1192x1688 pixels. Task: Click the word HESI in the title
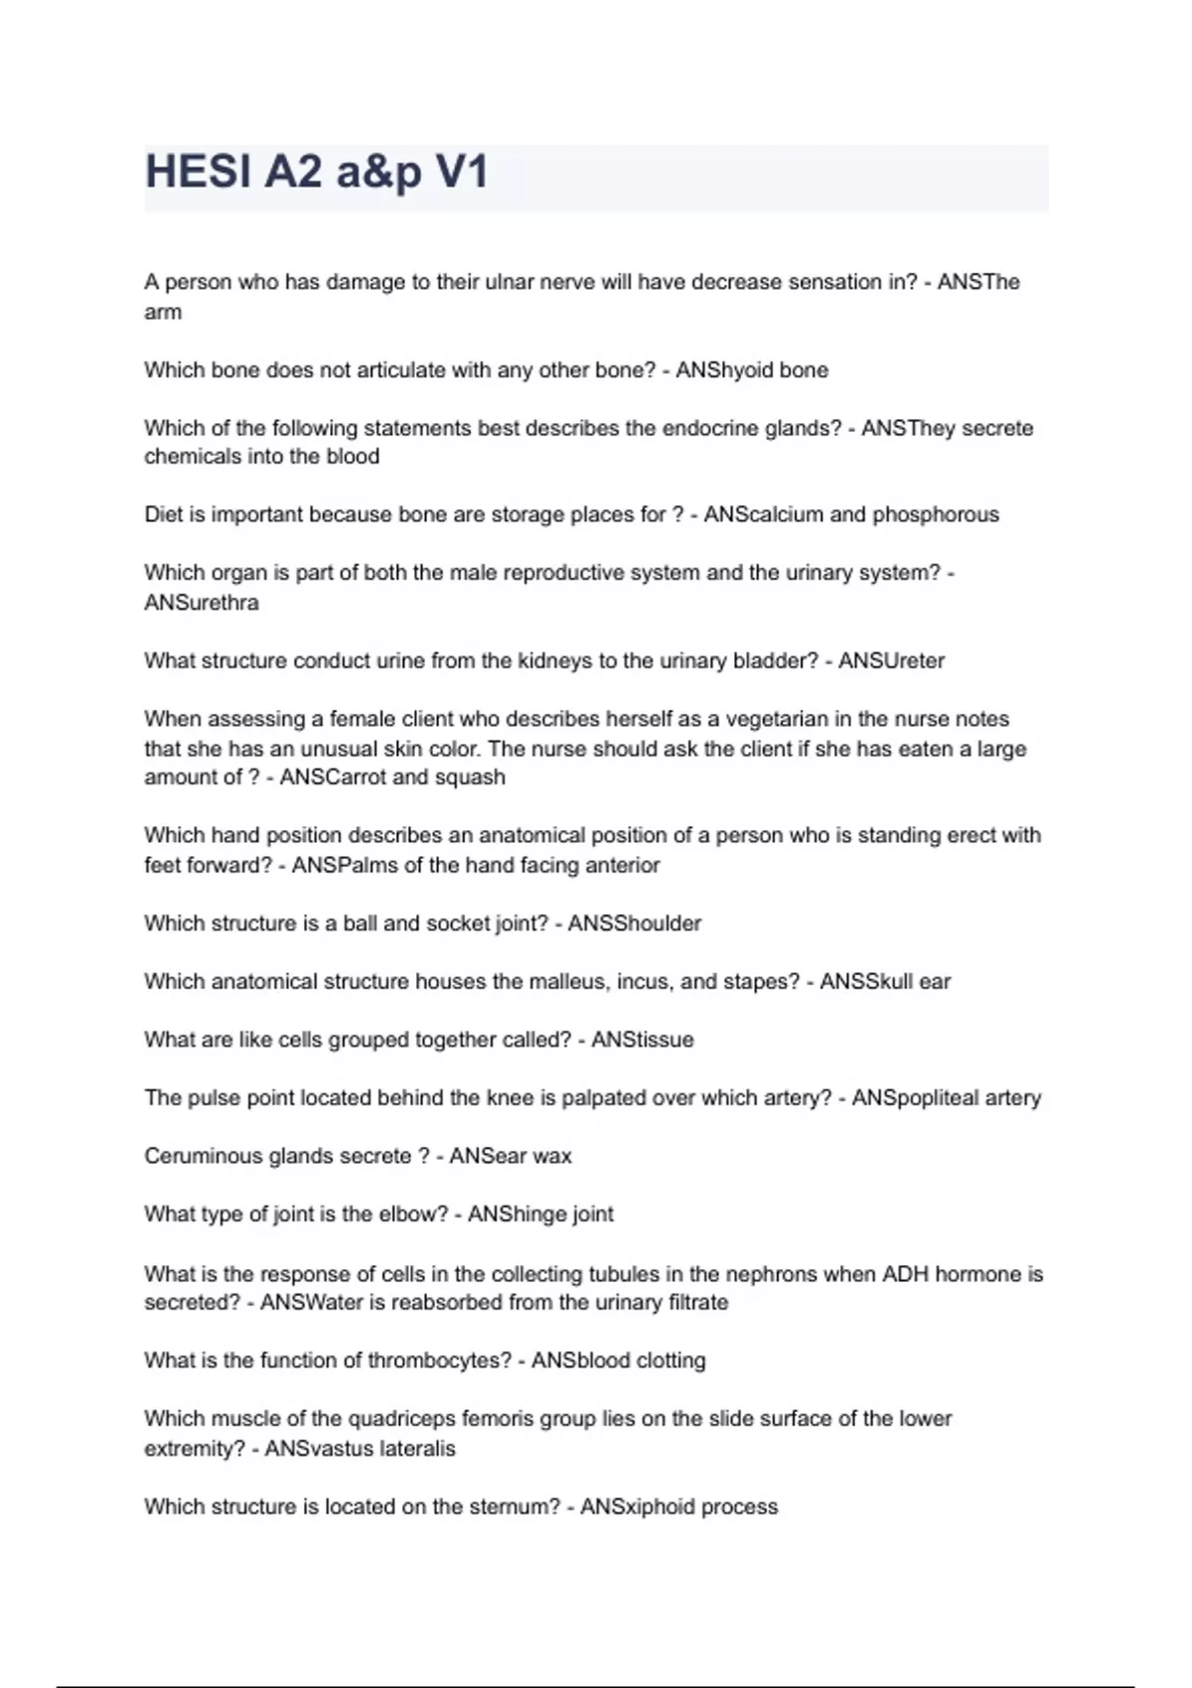(197, 172)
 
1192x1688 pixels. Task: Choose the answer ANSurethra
(202, 603)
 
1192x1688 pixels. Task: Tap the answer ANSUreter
(891, 661)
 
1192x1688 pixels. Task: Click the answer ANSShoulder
(635, 923)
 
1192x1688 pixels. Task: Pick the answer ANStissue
(643, 1040)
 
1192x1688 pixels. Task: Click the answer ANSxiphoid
(637, 1507)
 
